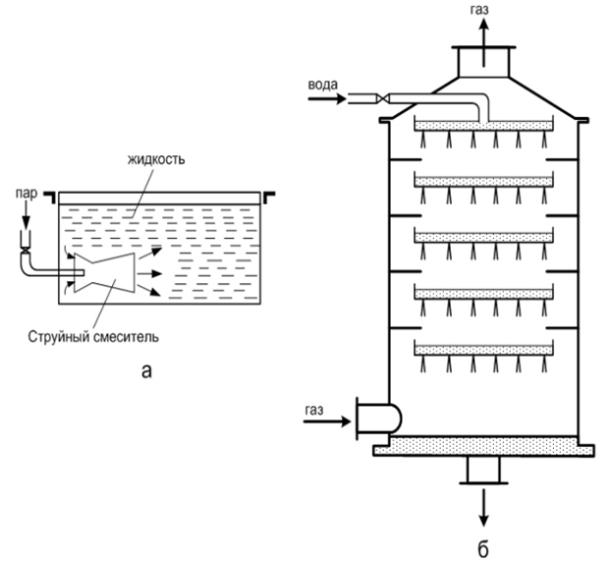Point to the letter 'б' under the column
(x=482, y=545)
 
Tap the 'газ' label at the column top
(x=483, y=8)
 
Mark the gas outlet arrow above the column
(x=483, y=29)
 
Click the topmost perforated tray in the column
(x=483, y=125)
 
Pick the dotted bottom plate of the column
(x=483, y=446)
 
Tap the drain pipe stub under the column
(x=483, y=471)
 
